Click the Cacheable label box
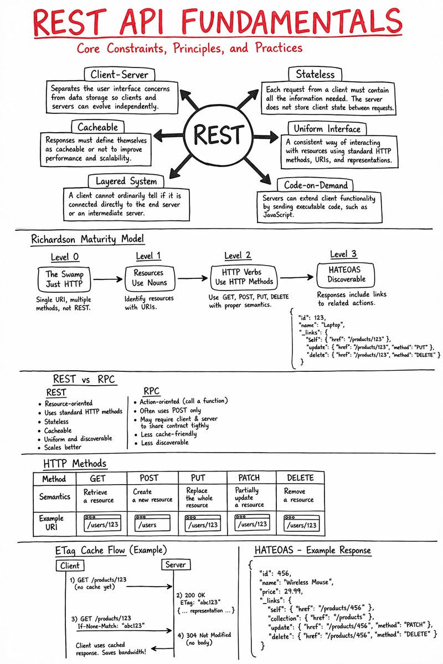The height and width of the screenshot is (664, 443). tap(97, 127)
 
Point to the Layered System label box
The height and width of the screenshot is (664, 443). tap(122, 181)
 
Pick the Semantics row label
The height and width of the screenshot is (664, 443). tap(54, 496)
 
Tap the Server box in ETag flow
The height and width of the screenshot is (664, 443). tap(176, 565)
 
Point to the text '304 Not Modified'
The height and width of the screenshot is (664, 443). tap(208, 635)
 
